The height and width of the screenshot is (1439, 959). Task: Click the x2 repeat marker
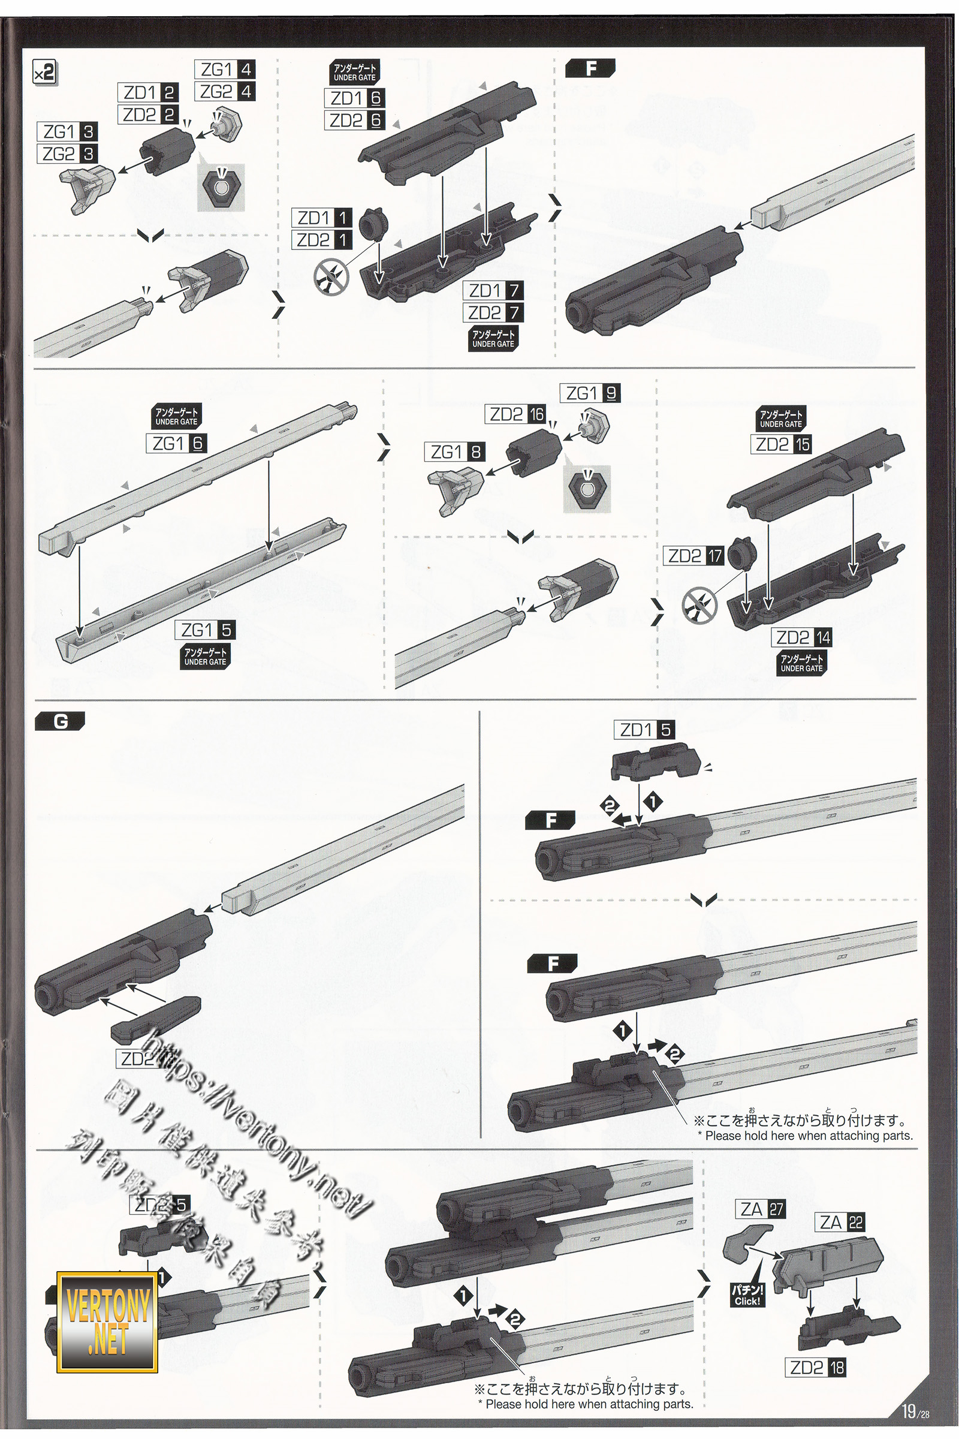click(x=44, y=73)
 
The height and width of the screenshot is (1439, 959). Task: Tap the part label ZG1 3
click(x=67, y=131)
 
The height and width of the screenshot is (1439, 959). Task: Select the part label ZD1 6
click(x=355, y=98)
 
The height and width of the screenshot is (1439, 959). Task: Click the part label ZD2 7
click(x=493, y=312)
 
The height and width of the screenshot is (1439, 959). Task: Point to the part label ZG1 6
click(x=177, y=443)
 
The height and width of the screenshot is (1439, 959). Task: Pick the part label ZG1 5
click(x=205, y=630)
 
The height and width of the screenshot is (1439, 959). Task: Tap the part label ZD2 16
click(x=517, y=414)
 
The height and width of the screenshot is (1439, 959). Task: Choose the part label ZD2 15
click(x=783, y=444)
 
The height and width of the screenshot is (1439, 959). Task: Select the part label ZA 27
click(x=761, y=1209)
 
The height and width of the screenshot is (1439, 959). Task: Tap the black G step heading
click(x=61, y=722)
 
